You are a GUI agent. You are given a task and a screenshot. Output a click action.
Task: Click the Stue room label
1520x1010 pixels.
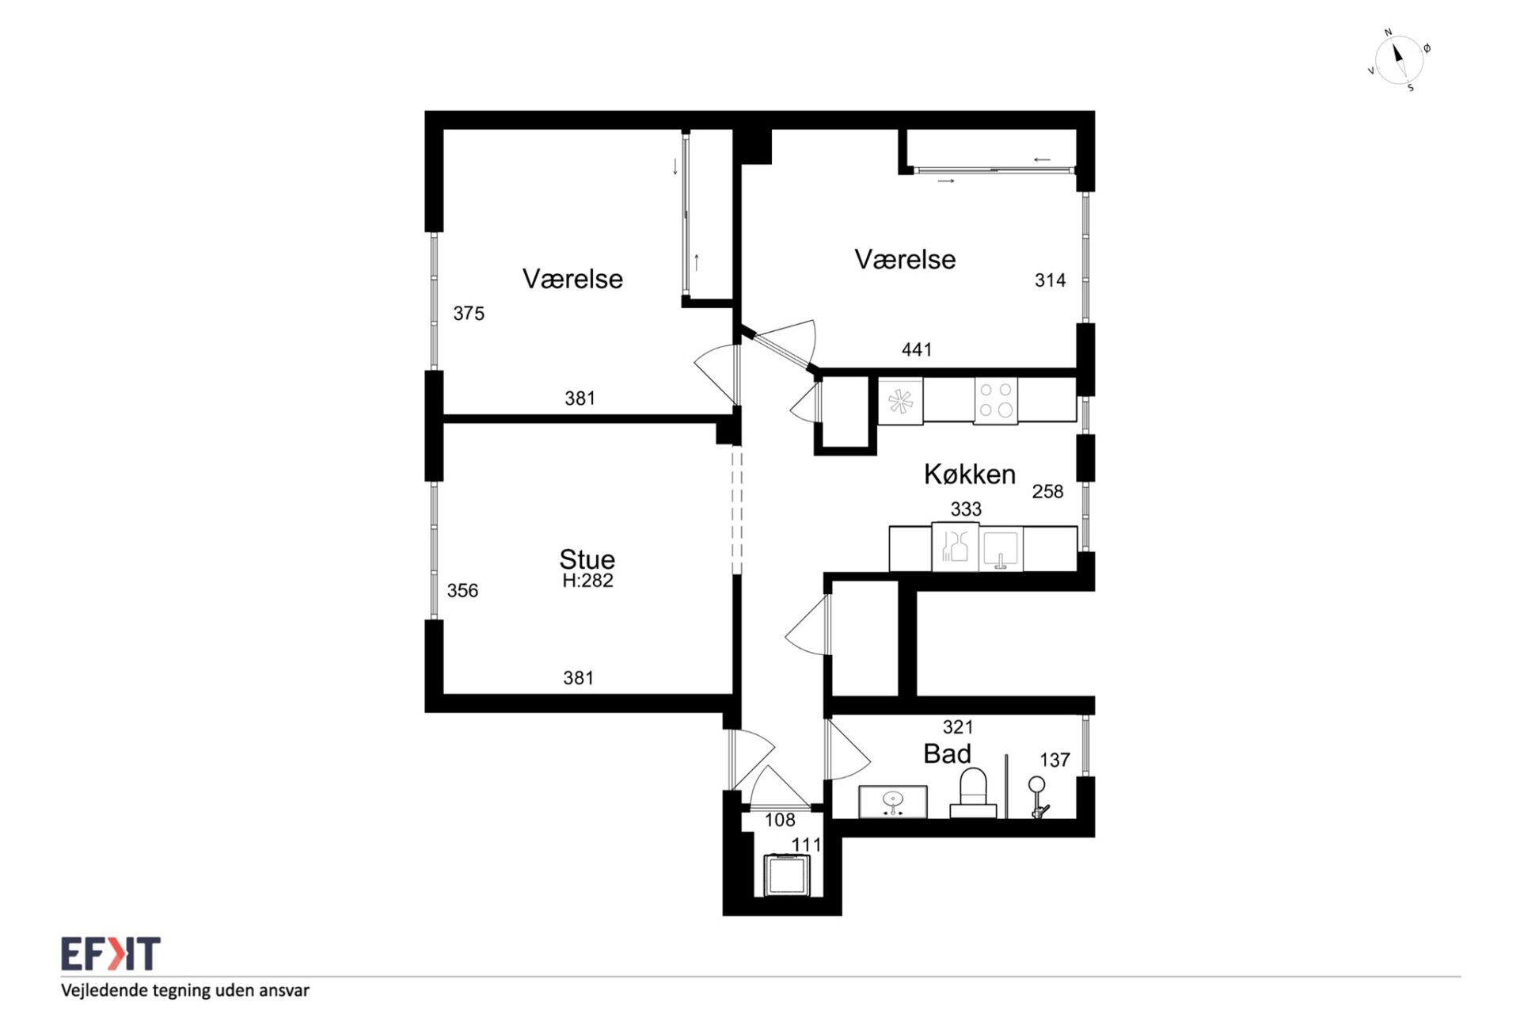tap(587, 559)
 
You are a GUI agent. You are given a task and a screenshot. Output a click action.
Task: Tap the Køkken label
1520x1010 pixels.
tap(970, 474)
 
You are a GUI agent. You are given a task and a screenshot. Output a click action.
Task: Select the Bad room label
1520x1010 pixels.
tap(947, 753)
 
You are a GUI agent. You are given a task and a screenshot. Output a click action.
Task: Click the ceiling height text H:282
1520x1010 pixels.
tap(587, 581)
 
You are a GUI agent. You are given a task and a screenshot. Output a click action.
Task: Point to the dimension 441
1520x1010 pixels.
tap(917, 349)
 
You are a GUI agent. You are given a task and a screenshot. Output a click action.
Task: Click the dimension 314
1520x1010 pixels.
tap(1050, 280)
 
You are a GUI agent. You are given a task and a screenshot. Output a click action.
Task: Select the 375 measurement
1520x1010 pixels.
tap(469, 313)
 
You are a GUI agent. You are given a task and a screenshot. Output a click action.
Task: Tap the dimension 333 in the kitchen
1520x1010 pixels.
tap(966, 509)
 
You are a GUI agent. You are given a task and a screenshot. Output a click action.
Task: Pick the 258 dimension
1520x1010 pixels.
tap(1047, 491)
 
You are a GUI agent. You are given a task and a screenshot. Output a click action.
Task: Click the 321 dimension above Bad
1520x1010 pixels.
tap(958, 726)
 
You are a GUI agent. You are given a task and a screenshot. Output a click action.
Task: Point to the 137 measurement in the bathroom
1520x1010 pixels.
tap(1054, 760)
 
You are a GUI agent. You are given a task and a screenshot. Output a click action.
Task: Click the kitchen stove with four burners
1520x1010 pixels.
tap(996, 399)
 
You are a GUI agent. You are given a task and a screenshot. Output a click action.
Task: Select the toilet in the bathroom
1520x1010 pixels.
tap(973, 793)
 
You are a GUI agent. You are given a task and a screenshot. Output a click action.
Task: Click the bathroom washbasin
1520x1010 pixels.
tap(893, 801)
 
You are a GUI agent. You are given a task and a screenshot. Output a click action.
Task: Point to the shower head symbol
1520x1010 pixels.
tap(1037, 796)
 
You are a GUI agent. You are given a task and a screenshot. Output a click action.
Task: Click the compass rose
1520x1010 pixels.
tap(1398, 59)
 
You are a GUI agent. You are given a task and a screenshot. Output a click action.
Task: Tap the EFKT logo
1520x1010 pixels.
tap(111, 954)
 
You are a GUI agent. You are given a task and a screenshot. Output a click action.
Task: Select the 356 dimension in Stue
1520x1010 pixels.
tap(462, 590)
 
